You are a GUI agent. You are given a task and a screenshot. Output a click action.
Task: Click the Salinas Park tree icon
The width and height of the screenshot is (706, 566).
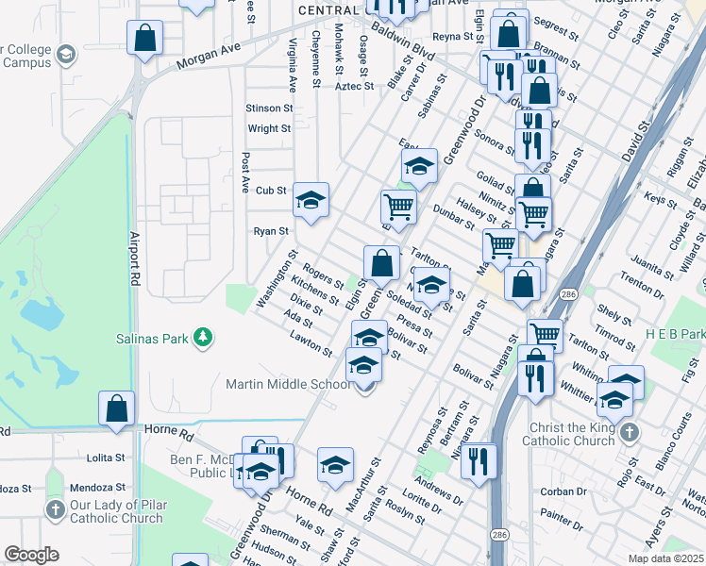201,337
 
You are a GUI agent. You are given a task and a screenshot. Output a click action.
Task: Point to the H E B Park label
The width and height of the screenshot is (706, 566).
675,335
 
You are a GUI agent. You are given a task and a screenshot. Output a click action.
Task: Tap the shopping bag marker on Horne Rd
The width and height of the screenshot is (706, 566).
116,408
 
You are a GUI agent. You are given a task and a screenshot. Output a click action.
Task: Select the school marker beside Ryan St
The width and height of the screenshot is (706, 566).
311,200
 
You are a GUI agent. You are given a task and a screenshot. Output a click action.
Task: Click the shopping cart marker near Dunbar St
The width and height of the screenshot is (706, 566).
398,206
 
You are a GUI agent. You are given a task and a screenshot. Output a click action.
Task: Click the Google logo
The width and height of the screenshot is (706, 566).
31,555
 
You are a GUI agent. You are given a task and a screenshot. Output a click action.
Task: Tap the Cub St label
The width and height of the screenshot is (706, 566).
271,190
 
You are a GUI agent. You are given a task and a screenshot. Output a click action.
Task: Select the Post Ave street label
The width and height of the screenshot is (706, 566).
245,173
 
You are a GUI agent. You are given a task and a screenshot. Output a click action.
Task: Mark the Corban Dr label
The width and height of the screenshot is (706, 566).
564,491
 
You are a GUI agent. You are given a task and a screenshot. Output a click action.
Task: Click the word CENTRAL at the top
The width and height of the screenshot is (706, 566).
329,9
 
